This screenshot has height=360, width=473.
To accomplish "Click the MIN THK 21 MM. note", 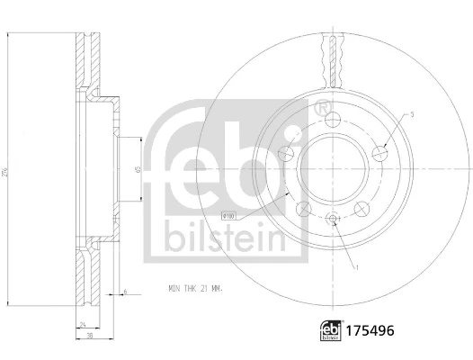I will (x=195, y=288).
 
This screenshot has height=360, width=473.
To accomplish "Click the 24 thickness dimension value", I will (x=84, y=324).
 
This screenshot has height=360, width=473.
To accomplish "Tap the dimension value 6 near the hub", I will (x=125, y=292).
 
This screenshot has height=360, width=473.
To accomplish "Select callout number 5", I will (x=412, y=114).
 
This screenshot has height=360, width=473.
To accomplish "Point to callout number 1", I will (x=358, y=268).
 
